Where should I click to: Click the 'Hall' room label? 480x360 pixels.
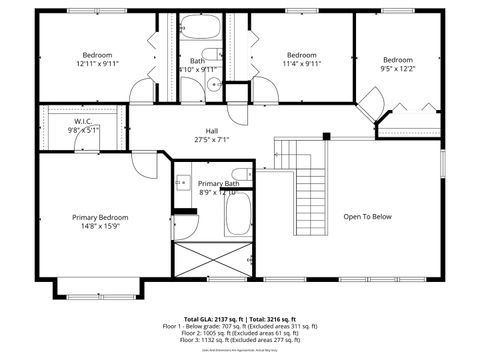click(x=212, y=131)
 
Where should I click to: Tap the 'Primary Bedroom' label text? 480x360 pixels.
click(x=100, y=217)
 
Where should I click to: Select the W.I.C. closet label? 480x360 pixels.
click(x=83, y=121)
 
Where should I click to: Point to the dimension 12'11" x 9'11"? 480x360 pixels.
click(x=97, y=64)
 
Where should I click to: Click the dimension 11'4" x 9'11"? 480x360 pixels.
click(x=301, y=64)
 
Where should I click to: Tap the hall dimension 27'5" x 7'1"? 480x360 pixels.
click(x=212, y=140)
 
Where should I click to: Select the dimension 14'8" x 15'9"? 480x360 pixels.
click(x=100, y=226)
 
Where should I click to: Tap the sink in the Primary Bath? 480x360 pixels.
click(x=182, y=182)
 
